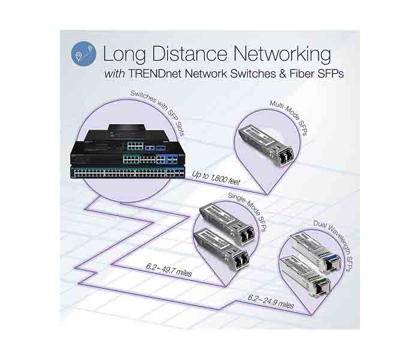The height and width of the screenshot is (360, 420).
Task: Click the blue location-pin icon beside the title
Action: [x=83, y=54]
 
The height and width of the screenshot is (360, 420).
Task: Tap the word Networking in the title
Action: [x=282, y=55]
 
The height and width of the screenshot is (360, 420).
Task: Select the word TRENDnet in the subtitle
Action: [x=155, y=74]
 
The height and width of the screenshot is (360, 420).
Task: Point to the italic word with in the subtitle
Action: [x=115, y=74]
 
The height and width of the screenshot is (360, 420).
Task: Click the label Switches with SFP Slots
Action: [x=157, y=113]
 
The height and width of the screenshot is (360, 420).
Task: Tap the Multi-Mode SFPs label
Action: [x=289, y=118]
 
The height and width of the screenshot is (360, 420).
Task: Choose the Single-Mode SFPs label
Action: [x=247, y=212]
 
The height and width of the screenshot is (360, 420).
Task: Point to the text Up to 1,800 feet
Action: [x=216, y=178]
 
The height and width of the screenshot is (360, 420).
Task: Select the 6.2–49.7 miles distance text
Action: [x=169, y=270]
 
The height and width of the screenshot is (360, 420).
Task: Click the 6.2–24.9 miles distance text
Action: [x=271, y=301]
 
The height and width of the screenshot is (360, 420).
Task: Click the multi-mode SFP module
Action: [x=266, y=146]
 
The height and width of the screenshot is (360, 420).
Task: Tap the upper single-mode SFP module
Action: [x=227, y=223]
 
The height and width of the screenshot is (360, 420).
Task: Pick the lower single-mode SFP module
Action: [x=221, y=248]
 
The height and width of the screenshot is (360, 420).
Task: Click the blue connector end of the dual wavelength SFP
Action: [x=332, y=262]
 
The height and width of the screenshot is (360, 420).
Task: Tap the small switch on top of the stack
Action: [x=127, y=128]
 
